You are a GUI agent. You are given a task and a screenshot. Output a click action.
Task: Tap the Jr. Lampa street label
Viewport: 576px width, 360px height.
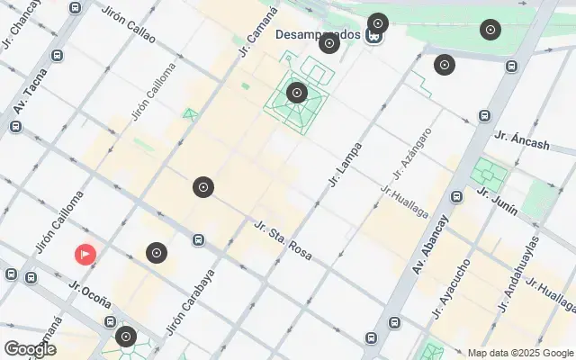(x=346, y=165)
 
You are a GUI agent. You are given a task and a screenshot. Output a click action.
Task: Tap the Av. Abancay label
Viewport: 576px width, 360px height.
(x=431, y=245)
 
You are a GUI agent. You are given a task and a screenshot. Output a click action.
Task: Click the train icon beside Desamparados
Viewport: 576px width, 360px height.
(x=373, y=37)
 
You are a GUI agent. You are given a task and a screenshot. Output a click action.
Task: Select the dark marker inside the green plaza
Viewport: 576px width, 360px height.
(x=297, y=92)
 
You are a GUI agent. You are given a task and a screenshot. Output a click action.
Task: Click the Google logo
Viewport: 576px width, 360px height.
(x=30, y=349)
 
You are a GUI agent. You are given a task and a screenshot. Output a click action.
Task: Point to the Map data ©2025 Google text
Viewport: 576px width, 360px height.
(x=519, y=353)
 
